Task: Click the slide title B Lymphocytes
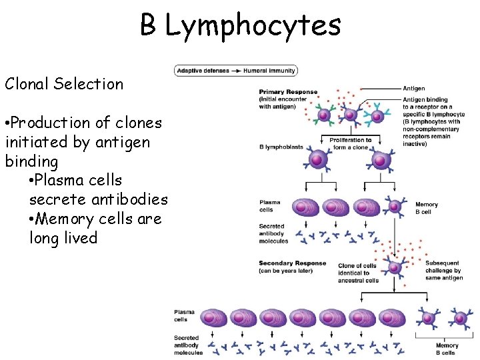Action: [240, 26]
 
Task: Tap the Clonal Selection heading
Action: [64, 84]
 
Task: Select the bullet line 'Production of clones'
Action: [83, 123]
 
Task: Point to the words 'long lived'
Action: [63, 238]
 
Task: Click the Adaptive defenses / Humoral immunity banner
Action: [235, 70]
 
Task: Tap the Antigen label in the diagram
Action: [413, 88]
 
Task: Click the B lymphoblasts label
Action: [279, 147]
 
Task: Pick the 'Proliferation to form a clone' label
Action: [350, 143]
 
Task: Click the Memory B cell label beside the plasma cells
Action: [426, 208]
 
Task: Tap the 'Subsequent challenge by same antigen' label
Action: [443, 270]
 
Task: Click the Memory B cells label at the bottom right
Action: [447, 349]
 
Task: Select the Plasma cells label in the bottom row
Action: [184, 315]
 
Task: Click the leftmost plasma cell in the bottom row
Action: [214, 317]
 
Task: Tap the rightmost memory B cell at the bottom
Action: [459, 318]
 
